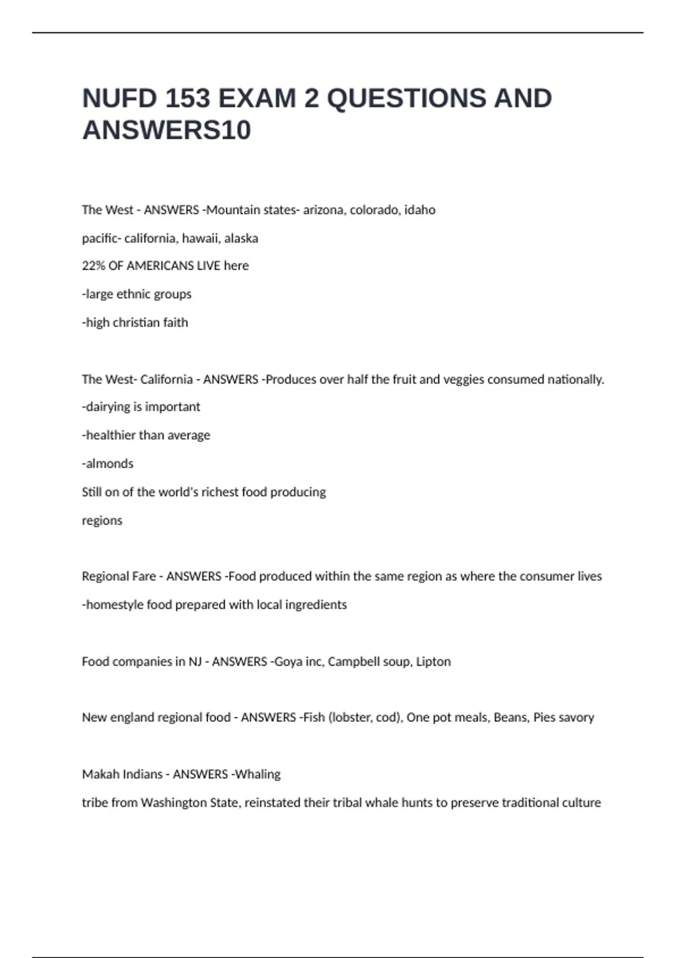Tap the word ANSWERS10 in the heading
point(167,130)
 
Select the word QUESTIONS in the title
point(406,99)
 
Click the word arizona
point(324,210)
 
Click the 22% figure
point(94,266)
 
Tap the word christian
point(136,322)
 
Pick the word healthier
point(111,435)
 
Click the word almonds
point(110,464)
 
